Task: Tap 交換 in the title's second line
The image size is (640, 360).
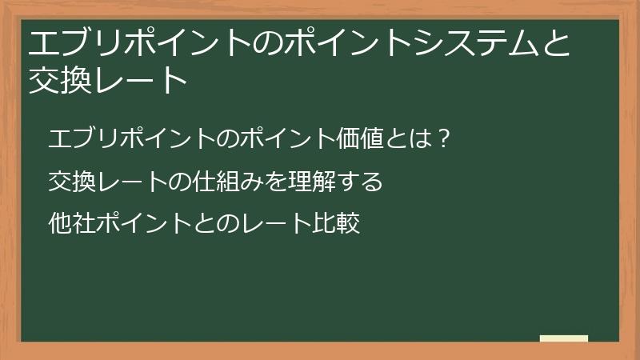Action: tap(58, 80)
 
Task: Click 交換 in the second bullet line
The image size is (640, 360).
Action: tap(71, 181)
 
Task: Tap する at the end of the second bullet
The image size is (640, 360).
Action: tap(360, 181)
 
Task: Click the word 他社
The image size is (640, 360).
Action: tap(71, 223)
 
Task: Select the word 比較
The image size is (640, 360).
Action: tap(337, 223)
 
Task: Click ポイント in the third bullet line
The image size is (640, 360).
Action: tap(142, 223)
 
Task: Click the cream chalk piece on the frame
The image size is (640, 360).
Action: tap(564, 339)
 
